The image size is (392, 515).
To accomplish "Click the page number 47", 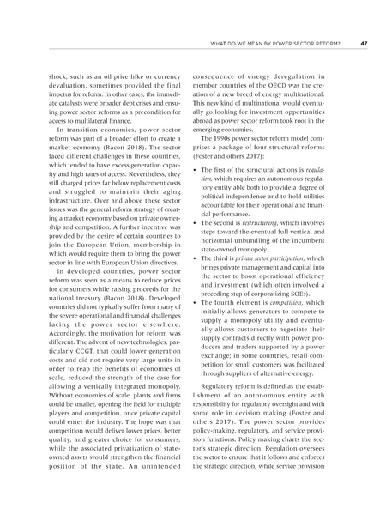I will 364,45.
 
